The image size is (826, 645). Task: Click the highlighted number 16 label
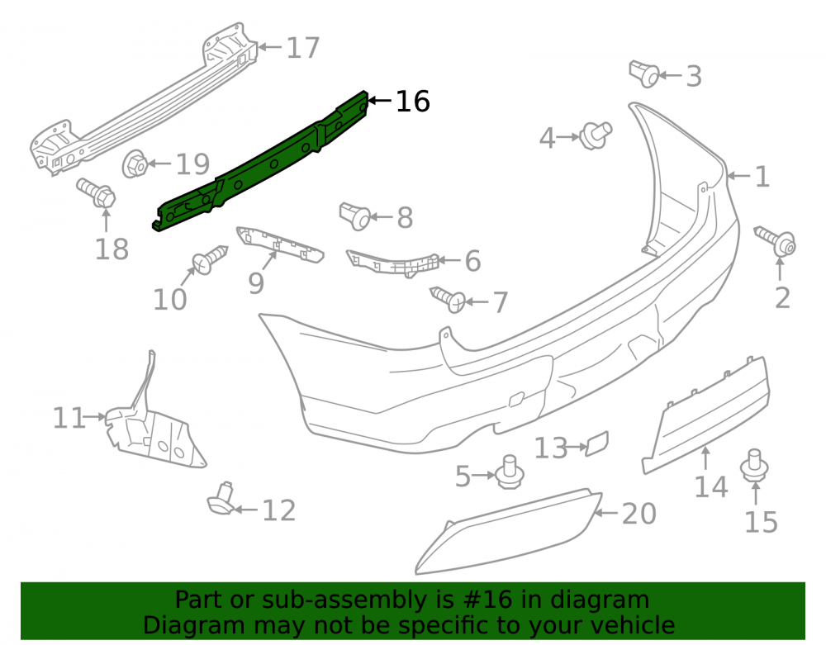412,101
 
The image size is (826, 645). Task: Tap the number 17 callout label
303,48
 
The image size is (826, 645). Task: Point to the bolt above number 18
97,193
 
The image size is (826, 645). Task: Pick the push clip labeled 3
643,74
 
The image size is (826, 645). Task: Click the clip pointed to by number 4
596,135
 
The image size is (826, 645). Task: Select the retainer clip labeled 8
354,216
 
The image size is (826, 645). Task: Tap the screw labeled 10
210,259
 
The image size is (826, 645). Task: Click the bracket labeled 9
280,244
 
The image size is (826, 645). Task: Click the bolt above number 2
775,241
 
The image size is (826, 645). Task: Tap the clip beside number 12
222,499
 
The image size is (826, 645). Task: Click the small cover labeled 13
597,443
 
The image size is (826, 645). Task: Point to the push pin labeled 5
509,472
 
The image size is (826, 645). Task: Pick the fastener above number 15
754,466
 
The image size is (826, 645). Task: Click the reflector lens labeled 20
508,530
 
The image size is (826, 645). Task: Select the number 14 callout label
711,486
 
